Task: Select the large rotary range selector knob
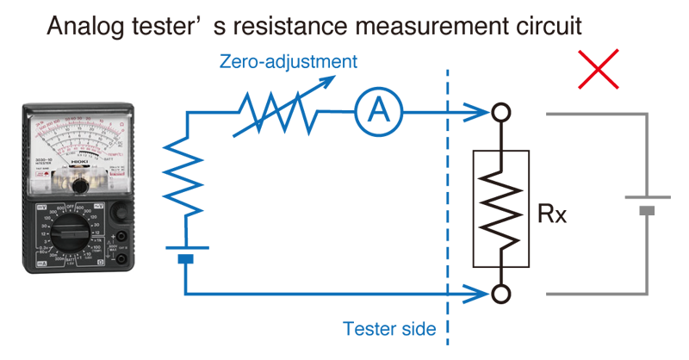point(78,237)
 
